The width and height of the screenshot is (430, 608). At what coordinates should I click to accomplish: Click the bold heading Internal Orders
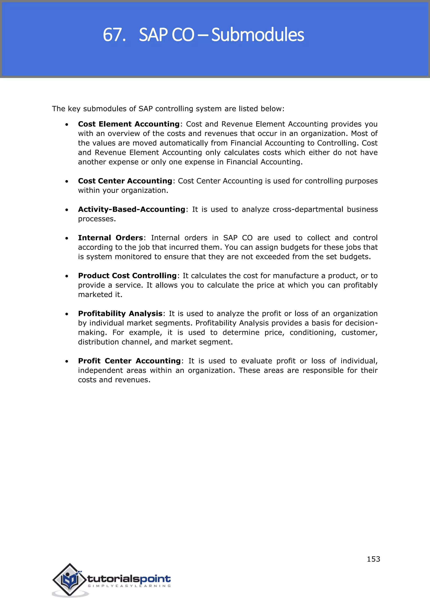(110, 238)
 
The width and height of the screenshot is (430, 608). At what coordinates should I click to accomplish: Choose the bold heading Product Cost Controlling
(127, 276)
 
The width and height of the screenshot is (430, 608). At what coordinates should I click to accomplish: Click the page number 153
(373, 559)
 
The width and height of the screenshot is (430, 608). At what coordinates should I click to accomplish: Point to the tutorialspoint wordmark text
(129, 579)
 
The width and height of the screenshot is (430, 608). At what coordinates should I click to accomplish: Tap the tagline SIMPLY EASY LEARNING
(129, 586)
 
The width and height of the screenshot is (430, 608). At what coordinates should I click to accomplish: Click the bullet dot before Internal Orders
(67, 238)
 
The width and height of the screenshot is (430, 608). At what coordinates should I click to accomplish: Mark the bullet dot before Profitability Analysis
(67, 314)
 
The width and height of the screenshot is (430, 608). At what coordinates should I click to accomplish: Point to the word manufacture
(295, 276)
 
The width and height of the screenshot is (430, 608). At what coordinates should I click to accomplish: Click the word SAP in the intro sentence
(145, 109)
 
